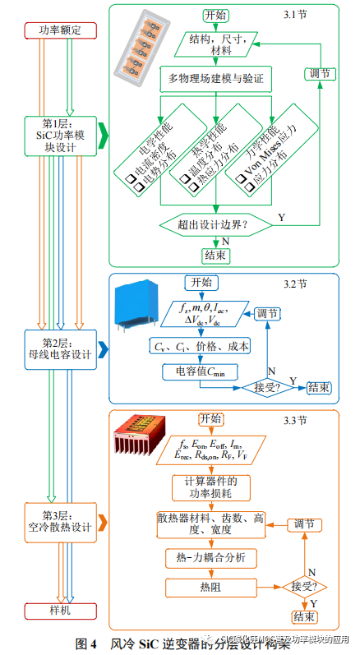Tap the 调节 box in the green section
[x=319, y=73]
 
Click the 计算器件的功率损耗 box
[x=211, y=486]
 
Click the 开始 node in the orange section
[x=211, y=418]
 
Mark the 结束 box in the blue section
[x=319, y=386]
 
